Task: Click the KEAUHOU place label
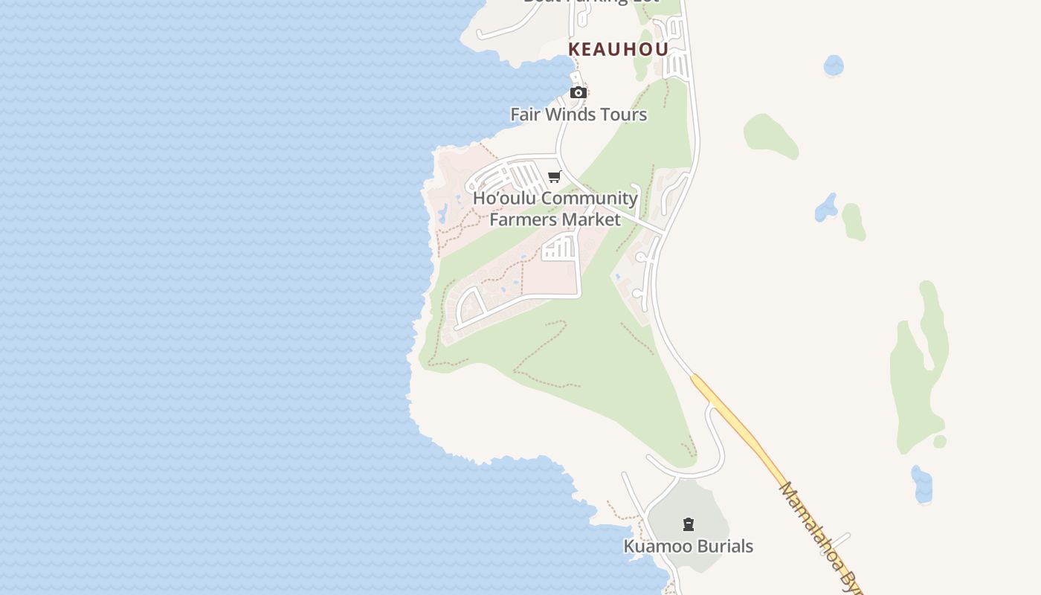click(x=618, y=49)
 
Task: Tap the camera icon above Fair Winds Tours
click(x=578, y=92)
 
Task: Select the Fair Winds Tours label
click(x=578, y=115)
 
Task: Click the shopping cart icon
click(x=554, y=177)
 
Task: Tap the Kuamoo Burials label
click(x=688, y=547)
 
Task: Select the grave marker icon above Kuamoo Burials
click(x=689, y=525)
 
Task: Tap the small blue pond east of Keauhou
click(x=834, y=65)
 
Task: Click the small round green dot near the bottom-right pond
click(x=940, y=442)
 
